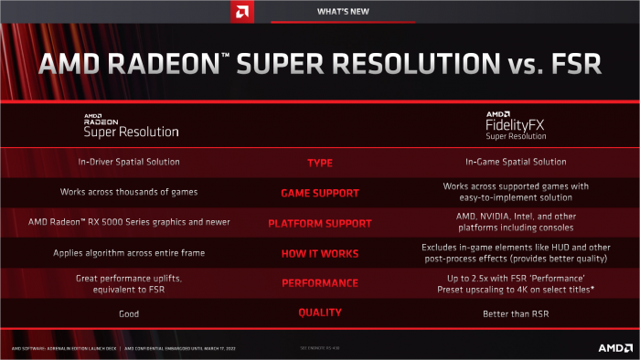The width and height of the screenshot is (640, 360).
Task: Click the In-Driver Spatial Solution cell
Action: coord(130,163)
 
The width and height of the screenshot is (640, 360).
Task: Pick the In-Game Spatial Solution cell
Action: coord(516,163)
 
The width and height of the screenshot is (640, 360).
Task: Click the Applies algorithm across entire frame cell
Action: coord(130,252)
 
